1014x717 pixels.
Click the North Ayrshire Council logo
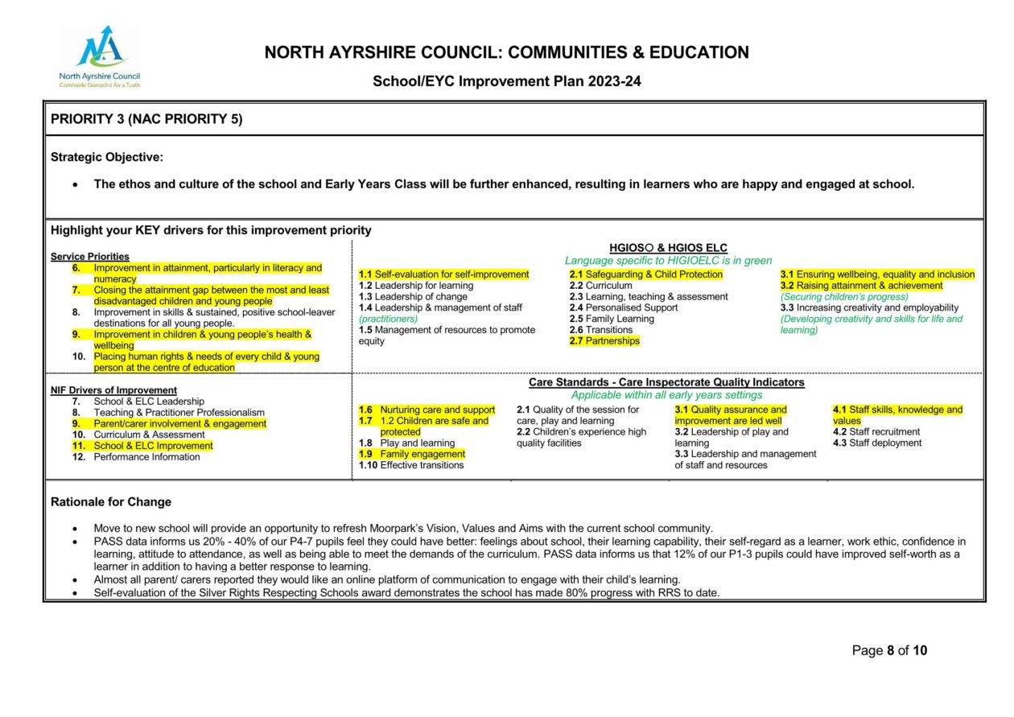click(99, 56)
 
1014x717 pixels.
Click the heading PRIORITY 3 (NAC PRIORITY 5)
click(146, 119)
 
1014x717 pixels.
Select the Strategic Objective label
click(107, 157)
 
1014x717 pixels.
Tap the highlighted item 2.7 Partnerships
click(604, 341)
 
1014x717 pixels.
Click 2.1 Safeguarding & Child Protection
click(645, 274)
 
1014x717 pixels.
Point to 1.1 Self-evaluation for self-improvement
click(443, 274)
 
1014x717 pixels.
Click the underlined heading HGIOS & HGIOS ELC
click(668, 248)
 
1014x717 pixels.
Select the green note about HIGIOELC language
click(668, 261)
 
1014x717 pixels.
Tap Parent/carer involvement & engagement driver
click(179, 423)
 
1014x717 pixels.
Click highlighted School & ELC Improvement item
click(153, 446)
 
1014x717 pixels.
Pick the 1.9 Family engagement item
click(412, 454)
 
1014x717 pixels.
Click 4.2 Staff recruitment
click(876, 432)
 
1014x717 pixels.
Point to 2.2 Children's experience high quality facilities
click(581, 438)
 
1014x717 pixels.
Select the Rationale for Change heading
click(111, 502)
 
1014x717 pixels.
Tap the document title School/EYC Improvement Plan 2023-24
click(506, 81)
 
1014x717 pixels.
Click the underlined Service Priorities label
click(89, 257)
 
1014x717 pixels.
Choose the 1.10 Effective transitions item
click(411, 465)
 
